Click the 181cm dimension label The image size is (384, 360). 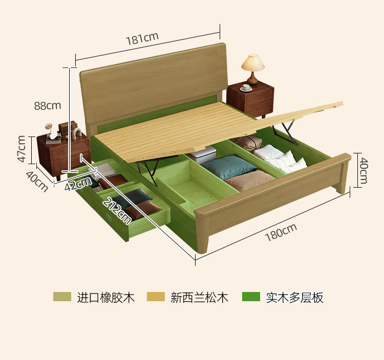pos(142,39)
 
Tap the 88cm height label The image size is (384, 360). pos(47,106)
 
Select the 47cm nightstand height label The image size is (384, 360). pos(22,148)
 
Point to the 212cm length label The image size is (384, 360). pos(117,210)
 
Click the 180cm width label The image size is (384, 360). pos(281,233)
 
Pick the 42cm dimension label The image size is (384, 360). pos(78,183)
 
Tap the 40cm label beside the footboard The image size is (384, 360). pos(363,170)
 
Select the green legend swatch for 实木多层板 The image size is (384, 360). pos(251,297)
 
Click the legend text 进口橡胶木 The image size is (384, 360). pos(106,297)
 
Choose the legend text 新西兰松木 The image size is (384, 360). pos(199,297)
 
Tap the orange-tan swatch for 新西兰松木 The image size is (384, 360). pos(156,297)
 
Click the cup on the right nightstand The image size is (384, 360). pos(246,87)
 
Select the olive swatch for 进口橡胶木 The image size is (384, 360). pos(62,297)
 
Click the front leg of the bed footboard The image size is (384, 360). pos(204,240)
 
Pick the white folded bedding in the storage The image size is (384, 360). pos(281,159)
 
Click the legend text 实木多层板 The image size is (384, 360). pos(294,297)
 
